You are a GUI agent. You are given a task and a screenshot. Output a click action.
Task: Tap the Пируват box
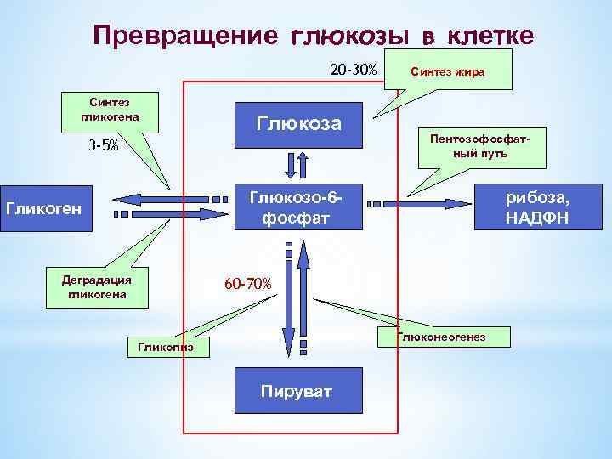click(297, 391)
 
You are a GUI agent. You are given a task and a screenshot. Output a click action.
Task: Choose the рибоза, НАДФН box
click(538, 207)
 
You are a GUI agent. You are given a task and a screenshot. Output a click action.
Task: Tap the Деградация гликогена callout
click(97, 286)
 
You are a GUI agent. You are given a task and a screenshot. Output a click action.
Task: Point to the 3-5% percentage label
click(104, 145)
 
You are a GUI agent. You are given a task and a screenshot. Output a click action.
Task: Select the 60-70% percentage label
click(248, 283)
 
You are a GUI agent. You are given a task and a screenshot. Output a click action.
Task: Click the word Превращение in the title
click(185, 35)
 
